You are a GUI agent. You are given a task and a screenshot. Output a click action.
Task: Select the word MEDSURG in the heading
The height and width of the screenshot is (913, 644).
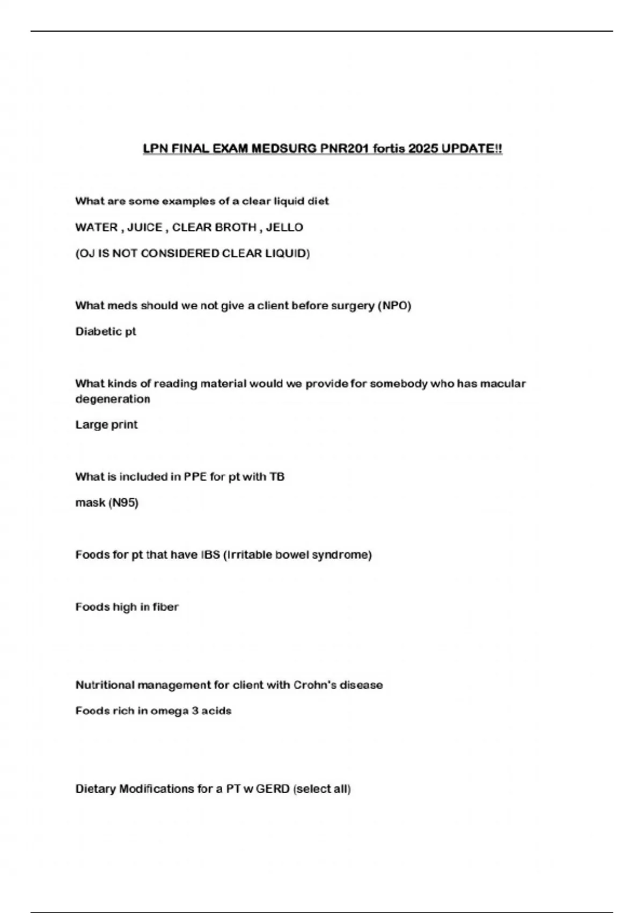(x=284, y=148)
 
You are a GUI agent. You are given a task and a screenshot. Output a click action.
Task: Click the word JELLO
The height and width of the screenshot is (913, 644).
(x=284, y=227)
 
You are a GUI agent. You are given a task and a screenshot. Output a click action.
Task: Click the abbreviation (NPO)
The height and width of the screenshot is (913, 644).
(x=394, y=306)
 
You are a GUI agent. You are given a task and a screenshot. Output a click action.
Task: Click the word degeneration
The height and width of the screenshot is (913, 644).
(x=113, y=399)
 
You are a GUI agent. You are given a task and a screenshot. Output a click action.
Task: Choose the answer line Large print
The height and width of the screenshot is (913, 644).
(x=106, y=425)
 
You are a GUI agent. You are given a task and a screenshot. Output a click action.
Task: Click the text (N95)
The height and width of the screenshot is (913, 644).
(x=123, y=503)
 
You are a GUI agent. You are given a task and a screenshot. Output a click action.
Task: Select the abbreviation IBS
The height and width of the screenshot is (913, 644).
(x=210, y=554)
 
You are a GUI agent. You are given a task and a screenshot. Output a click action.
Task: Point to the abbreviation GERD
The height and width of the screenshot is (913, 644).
(x=273, y=789)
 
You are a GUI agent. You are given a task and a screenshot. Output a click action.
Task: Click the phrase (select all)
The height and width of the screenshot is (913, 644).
(x=322, y=789)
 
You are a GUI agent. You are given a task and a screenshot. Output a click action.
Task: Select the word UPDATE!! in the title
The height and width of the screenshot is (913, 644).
(x=472, y=148)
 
